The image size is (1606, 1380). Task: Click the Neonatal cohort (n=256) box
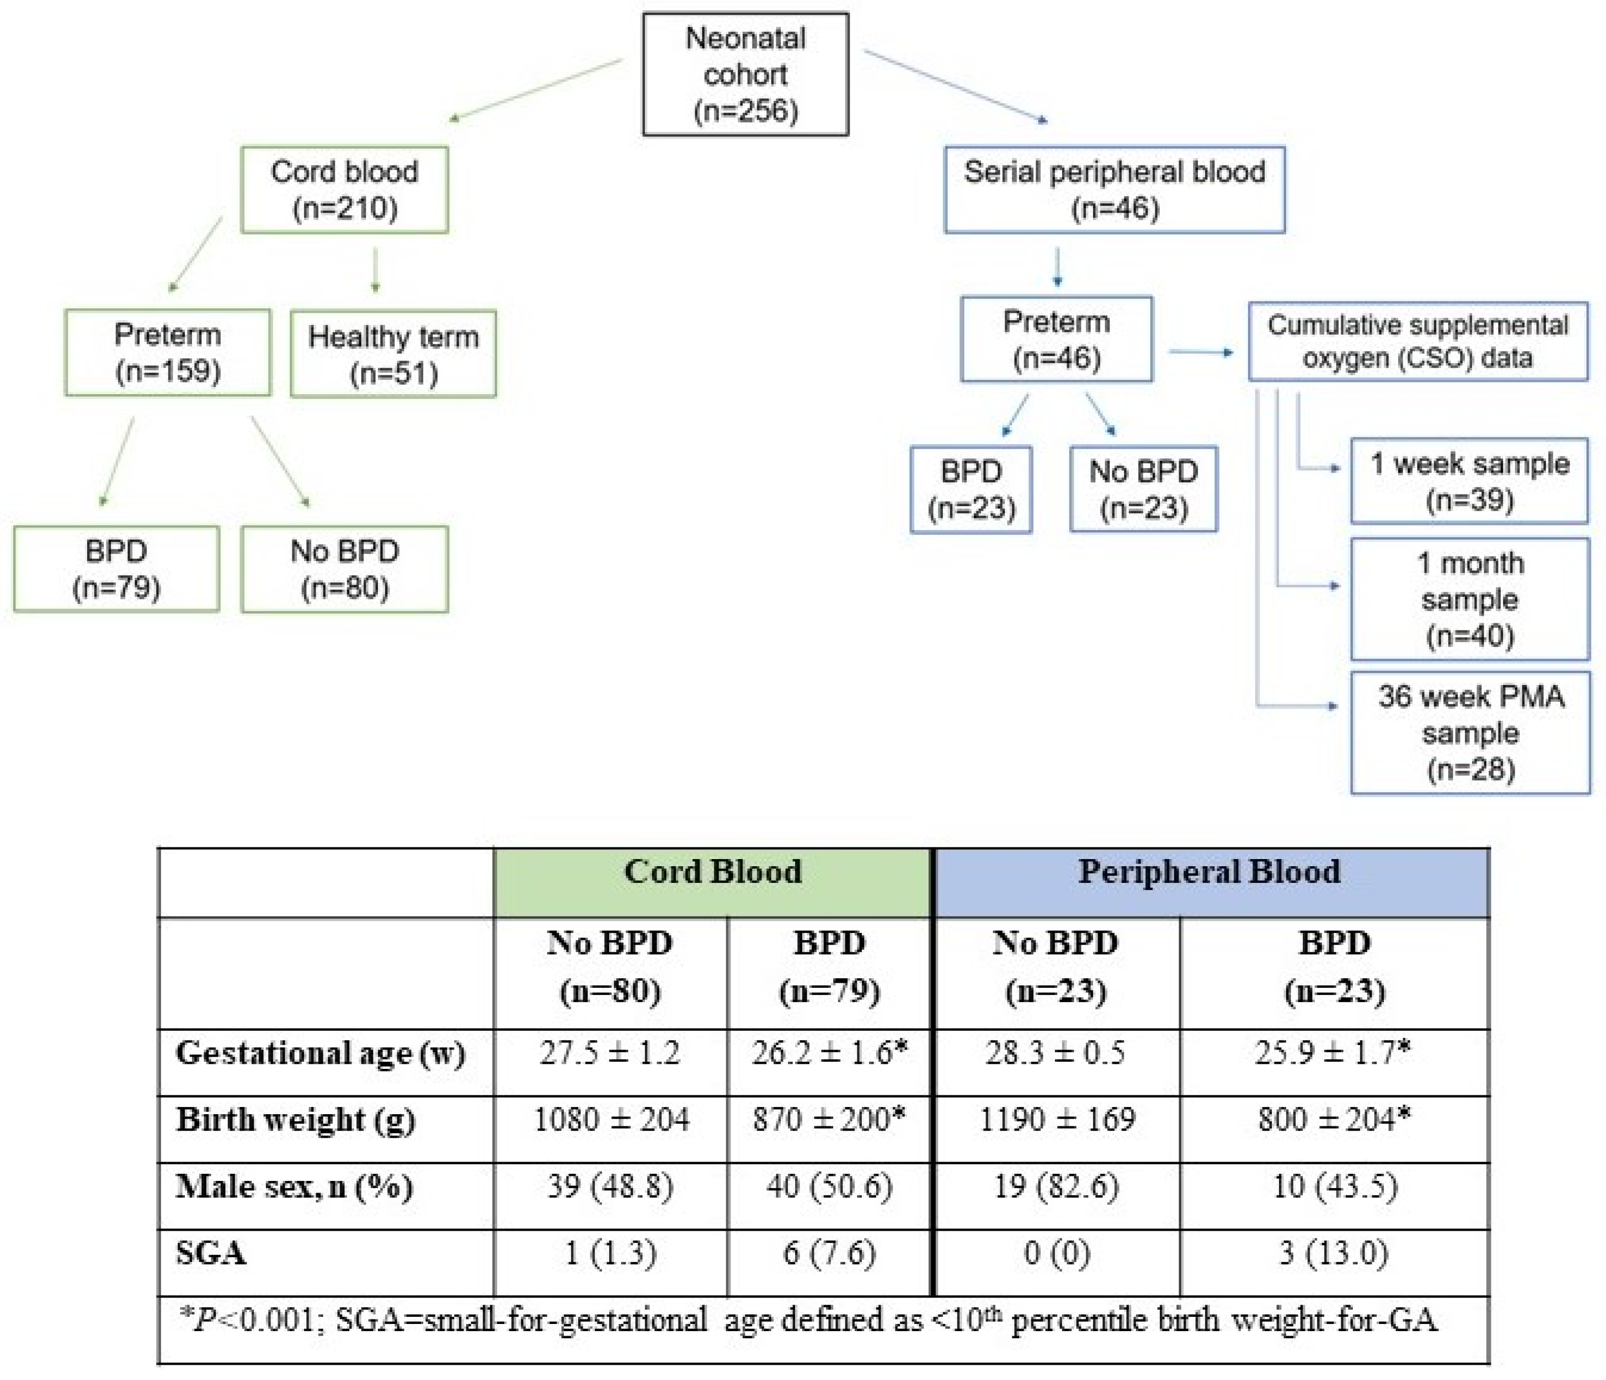[x=746, y=74]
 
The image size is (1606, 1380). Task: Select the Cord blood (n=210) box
[x=344, y=190]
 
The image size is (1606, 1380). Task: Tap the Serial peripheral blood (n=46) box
[x=1114, y=190]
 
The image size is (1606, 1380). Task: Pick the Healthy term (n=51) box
[x=393, y=354]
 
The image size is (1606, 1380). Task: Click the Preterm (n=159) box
[x=168, y=352]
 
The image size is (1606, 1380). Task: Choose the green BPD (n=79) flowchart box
[x=116, y=569]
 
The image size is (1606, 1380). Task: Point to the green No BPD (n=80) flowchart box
[x=344, y=569]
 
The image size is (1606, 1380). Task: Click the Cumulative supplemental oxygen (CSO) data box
[x=1418, y=342]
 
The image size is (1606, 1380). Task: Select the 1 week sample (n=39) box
[x=1469, y=480]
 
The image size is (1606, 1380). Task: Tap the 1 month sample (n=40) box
[x=1469, y=599]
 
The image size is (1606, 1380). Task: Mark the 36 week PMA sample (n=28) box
[x=1469, y=732]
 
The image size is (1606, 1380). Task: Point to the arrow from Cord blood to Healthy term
[x=375, y=270]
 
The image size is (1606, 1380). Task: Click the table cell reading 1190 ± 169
[x=1057, y=1120]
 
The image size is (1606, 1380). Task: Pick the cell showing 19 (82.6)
[x=1057, y=1187]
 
